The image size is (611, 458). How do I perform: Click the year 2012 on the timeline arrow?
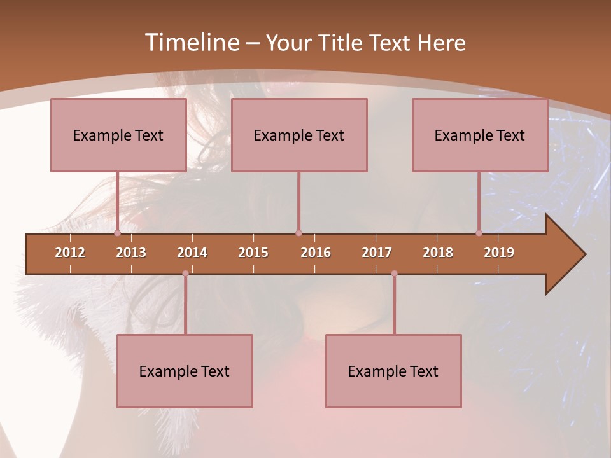point(70,253)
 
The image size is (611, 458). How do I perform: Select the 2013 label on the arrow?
point(131,253)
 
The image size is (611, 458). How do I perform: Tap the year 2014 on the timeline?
point(192,253)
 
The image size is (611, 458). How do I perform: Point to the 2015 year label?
point(253,253)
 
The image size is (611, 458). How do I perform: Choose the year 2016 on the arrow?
point(316,253)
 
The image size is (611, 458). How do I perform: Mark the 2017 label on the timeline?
point(377,253)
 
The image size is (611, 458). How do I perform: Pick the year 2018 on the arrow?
point(438,253)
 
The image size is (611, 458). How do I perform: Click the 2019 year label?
point(499,253)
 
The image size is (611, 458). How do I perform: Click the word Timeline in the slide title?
point(191,43)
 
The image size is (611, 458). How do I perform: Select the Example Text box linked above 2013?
point(118,135)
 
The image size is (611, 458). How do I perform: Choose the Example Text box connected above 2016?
point(299,135)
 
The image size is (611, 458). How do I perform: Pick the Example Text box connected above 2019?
point(480,135)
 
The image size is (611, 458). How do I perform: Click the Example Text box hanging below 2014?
point(185,371)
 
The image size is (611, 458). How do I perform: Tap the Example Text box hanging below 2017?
point(393,371)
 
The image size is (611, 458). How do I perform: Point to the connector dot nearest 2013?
point(117,233)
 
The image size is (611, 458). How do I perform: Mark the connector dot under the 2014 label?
point(185,274)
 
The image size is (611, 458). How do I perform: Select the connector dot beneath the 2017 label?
point(394,274)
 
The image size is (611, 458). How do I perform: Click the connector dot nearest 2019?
point(479,233)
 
